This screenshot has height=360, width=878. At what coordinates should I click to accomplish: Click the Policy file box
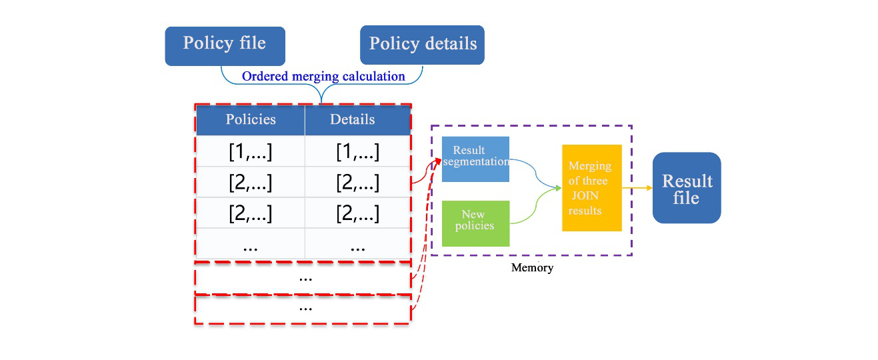[225, 45]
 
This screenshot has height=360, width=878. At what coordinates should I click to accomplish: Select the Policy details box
[423, 45]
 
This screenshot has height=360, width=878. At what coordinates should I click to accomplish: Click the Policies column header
[251, 120]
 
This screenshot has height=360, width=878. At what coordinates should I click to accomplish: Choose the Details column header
[352, 120]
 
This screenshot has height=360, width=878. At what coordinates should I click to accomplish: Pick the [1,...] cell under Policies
[251, 151]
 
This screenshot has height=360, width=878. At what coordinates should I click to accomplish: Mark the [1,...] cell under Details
[358, 151]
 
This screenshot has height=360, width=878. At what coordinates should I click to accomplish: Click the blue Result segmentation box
[475, 159]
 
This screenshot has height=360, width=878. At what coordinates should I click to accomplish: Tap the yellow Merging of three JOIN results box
[591, 187]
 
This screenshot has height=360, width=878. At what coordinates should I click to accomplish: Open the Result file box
[687, 188]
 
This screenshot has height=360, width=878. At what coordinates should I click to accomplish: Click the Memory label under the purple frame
[532, 268]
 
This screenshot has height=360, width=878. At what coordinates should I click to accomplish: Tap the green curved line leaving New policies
[533, 209]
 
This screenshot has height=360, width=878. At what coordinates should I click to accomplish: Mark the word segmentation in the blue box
[475, 162]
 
